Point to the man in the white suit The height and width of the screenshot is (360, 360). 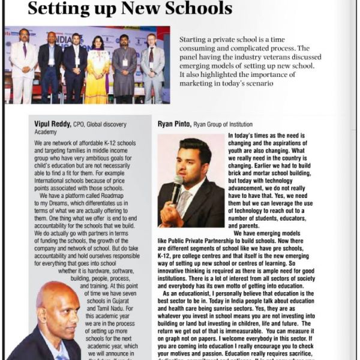coord(23,63)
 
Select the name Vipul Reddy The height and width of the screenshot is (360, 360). coord(53,124)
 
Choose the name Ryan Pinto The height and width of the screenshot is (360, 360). coord(174,124)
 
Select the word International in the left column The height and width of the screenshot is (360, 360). coord(53,179)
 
